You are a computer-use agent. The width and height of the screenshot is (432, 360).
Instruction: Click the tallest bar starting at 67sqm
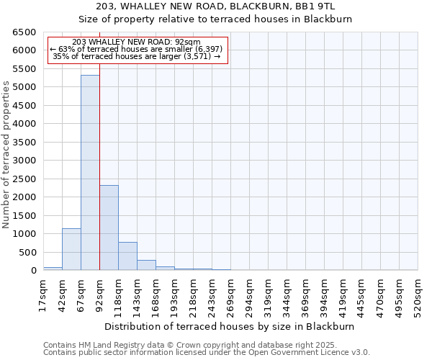tap(90, 173)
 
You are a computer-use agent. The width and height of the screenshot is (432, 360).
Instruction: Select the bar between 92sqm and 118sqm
tap(109, 228)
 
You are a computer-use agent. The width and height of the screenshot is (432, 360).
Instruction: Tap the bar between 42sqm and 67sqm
tap(71, 249)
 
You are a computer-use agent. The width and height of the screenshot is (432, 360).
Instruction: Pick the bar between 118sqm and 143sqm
tap(127, 256)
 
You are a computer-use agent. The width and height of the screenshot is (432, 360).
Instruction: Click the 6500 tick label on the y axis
tap(24, 32)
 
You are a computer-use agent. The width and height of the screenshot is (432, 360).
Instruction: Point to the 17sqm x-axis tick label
tap(43, 294)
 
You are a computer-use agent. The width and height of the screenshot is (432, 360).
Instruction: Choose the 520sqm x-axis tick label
tap(418, 294)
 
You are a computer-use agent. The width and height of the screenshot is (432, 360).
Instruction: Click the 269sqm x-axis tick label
tap(230, 294)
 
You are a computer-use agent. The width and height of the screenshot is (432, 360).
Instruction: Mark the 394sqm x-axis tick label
tap(324, 294)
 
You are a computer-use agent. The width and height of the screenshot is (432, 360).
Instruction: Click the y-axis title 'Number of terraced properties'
tap(6, 155)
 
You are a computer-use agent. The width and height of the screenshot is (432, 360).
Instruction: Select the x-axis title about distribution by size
tap(230, 326)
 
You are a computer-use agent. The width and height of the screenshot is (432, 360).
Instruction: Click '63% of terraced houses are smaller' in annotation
tap(137, 49)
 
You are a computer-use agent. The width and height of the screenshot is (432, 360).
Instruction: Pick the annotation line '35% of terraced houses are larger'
tap(137, 56)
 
